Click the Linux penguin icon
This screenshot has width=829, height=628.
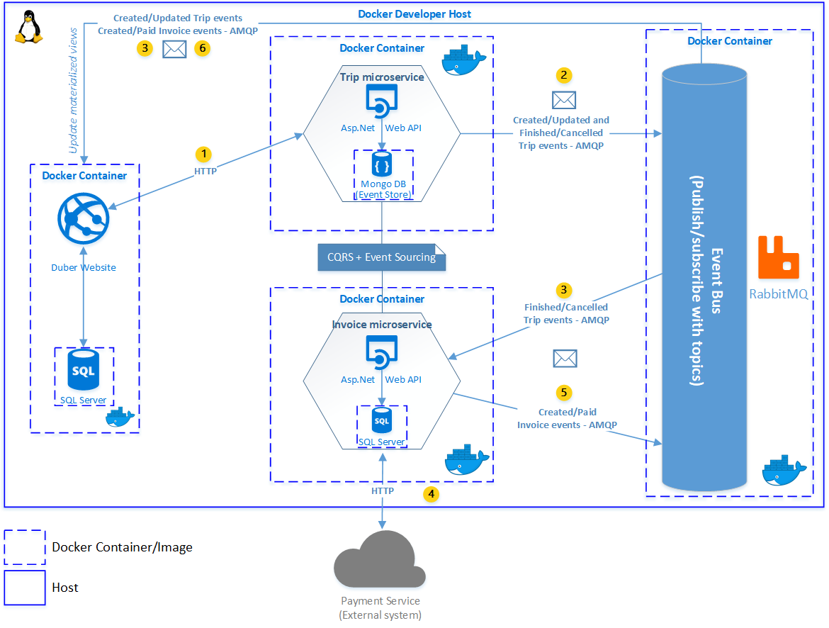(28, 27)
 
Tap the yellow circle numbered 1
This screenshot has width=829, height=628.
(203, 154)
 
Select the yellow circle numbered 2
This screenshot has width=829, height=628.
(563, 75)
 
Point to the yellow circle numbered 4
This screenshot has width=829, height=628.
(431, 494)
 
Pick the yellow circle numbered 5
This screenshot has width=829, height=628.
(563, 393)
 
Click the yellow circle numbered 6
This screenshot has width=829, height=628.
(202, 49)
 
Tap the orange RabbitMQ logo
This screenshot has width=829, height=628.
(778, 257)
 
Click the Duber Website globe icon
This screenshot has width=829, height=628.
(84, 218)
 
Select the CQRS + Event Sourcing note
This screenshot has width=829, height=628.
(381, 257)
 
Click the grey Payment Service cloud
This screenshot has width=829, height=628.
(380, 559)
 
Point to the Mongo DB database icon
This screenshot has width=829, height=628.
(382, 164)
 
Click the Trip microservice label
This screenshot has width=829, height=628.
(382, 77)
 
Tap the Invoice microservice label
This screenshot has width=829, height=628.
(382, 325)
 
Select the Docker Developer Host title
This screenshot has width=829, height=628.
(414, 14)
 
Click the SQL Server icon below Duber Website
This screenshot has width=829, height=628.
(84, 370)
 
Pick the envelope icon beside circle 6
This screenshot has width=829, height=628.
(174, 49)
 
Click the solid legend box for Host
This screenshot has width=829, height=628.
(25, 588)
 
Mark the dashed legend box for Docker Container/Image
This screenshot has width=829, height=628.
(25, 547)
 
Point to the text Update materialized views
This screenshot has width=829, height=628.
(73, 91)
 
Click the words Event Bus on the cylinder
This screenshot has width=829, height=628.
(716, 281)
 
